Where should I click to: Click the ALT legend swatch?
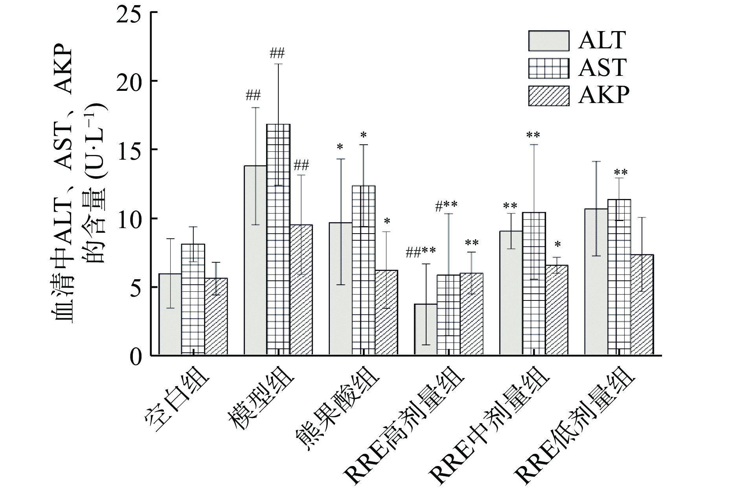click(548, 41)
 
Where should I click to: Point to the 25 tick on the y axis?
click(134, 13)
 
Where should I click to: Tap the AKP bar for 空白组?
click(216, 316)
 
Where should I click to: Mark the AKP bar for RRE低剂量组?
click(642, 305)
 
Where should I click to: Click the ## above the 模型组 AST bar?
click(278, 53)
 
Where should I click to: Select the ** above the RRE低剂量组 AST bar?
click(621, 172)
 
